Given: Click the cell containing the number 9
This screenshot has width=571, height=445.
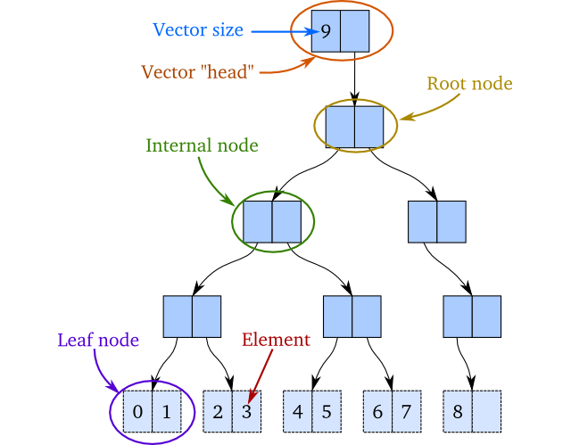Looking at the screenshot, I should pos(326,31).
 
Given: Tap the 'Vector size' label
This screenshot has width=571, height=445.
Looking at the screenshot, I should pos(198,30).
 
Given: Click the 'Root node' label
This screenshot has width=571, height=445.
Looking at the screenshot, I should pos(469,84).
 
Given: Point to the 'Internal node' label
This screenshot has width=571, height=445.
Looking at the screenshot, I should pos(203,144).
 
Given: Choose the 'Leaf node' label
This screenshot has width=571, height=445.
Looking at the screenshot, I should pos(98,340).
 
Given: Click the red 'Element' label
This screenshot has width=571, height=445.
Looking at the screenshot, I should pos(276,340).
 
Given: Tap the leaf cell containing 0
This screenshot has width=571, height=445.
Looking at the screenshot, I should pos(137,412).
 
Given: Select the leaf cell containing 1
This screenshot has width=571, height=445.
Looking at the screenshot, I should pos(166,412).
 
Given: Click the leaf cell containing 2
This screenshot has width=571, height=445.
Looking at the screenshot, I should pos(218,412).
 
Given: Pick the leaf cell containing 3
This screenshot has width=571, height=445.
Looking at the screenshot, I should pos(246,412).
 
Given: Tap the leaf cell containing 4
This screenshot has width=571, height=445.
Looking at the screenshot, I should pos(298,412).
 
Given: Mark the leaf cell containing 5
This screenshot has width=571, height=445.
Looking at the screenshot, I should pos(327,412).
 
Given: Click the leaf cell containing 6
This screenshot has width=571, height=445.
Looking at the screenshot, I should pos(377,412).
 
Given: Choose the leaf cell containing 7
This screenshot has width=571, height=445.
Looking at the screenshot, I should pos(406,412).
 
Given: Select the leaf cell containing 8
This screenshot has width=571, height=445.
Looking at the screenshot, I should pos(458,412).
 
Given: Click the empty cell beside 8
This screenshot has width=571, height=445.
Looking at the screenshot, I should pos(486,412).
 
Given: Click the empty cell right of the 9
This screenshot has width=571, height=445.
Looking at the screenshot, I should pos(354,31).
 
